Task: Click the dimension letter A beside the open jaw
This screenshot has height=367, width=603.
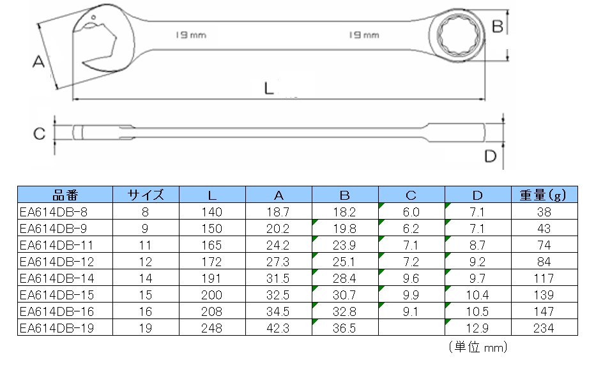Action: (38, 61)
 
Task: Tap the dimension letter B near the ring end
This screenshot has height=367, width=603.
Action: (497, 27)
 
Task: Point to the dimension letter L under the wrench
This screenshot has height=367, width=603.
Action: (269, 88)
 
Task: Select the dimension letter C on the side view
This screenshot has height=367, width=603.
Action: (39, 134)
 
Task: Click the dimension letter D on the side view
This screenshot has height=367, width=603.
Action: (491, 156)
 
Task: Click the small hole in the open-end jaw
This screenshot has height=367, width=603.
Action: (93, 17)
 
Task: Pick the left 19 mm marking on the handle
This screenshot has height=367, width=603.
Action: (191, 35)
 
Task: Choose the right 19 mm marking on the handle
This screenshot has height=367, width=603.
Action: (364, 35)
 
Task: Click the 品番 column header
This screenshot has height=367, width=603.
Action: (65, 195)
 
